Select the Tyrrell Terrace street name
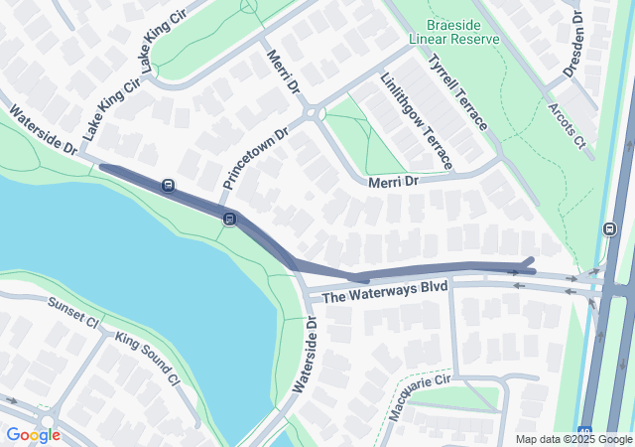457,91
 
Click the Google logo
33,435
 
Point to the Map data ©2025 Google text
573,439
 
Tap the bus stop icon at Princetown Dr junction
229,219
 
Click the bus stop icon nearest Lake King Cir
169,185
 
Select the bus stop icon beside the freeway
608,229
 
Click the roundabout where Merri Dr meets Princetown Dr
316,113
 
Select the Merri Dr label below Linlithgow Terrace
395,182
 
